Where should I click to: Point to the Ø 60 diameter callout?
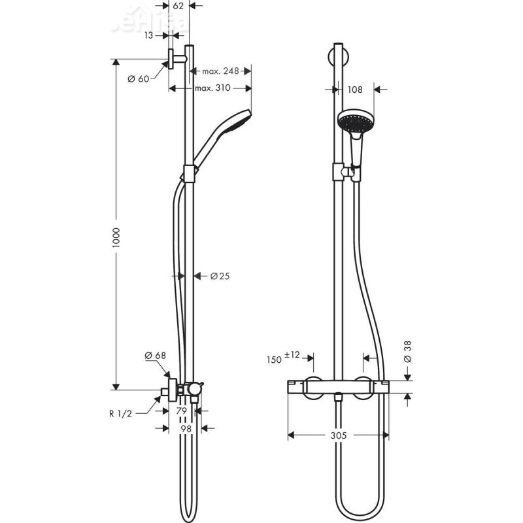[139, 78]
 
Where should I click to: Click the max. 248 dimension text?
[220, 71]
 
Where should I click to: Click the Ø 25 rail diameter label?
[220, 276]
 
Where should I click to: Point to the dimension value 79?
[182, 411]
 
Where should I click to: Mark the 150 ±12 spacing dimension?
[283, 358]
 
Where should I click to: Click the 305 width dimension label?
[337, 435]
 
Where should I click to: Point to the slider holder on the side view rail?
[190, 173]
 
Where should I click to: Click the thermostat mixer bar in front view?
[337, 387]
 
